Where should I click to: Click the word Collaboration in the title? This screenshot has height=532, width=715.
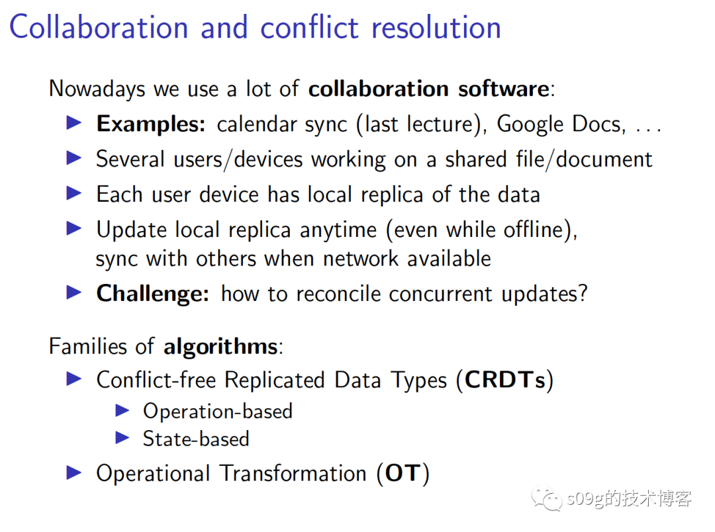(x=99, y=27)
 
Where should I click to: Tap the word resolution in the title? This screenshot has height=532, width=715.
(x=436, y=27)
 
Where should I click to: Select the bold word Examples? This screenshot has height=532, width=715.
(x=151, y=124)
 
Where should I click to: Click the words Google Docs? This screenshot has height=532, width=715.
(x=561, y=124)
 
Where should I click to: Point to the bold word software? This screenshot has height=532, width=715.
(x=504, y=89)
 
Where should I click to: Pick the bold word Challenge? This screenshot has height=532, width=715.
(x=153, y=294)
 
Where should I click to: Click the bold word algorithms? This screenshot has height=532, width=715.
(x=220, y=347)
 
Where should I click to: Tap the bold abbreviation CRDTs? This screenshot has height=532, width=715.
(x=505, y=380)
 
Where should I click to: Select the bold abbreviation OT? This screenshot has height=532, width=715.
(x=403, y=473)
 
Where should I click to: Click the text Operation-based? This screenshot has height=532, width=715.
(x=218, y=411)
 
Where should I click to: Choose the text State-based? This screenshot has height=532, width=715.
(x=196, y=439)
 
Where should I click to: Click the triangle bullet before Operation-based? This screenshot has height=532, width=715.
(x=122, y=411)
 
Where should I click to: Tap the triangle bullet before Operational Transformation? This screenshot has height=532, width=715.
(x=74, y=472)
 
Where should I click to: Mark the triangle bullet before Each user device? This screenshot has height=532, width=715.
(x=74, y=193)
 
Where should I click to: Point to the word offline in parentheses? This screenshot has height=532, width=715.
(x=534, y=229)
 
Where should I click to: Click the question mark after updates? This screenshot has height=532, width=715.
(x=583, y=293)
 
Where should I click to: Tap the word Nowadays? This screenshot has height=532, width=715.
(x=97, y=89)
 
